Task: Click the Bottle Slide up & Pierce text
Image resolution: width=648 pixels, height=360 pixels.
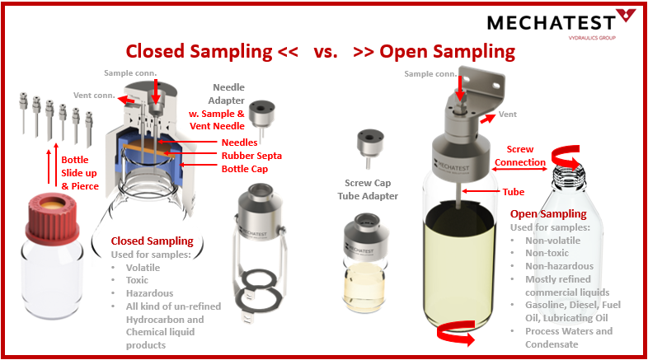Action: (80, 171)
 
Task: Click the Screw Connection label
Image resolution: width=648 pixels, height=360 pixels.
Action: (520, 156)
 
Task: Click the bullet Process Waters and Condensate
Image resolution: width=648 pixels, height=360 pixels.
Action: (568, 337)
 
